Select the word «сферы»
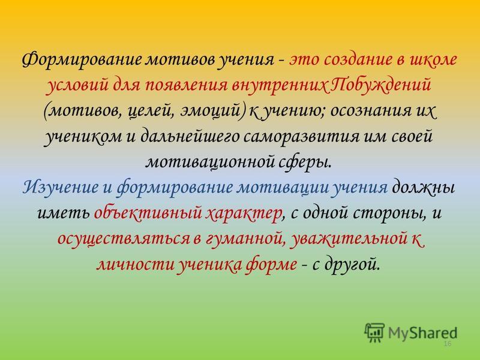(305, 162)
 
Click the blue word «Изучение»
(61, 187)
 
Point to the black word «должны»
(423, 187)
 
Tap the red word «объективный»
(148, 212)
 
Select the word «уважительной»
(349, 239)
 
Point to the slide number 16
(448, 344)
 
